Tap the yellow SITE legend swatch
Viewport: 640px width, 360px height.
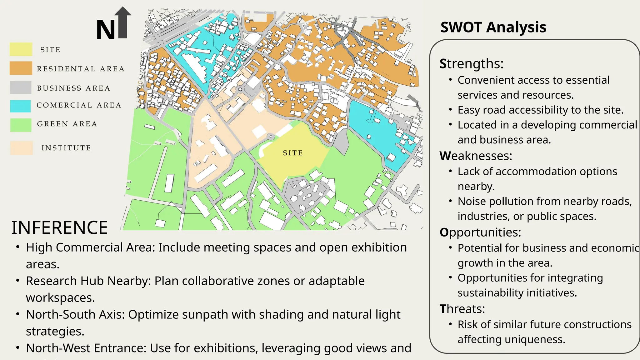21,49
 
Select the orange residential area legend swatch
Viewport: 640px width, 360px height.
21,68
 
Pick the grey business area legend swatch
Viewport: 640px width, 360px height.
21,87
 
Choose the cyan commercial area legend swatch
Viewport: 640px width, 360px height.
20,106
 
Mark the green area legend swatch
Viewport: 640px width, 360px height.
21,125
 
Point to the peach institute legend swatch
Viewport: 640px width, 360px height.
22,148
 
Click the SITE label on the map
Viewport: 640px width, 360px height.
293,153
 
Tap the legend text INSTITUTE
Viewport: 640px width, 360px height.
66,148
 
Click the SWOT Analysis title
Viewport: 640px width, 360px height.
493,27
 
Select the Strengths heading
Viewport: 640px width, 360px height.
471,64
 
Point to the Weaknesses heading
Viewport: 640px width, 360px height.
476,156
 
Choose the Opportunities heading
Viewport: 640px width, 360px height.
480,232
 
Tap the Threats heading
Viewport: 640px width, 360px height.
462,309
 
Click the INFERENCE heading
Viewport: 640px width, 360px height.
60,227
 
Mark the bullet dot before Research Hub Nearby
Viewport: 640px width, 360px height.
18,281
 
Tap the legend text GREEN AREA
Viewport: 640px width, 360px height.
67,124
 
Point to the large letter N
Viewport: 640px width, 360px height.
106,30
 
